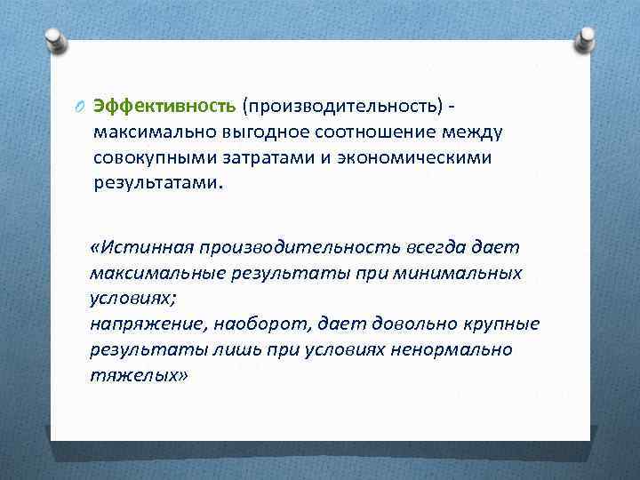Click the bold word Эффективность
[164, 107]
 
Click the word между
[471, 132]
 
